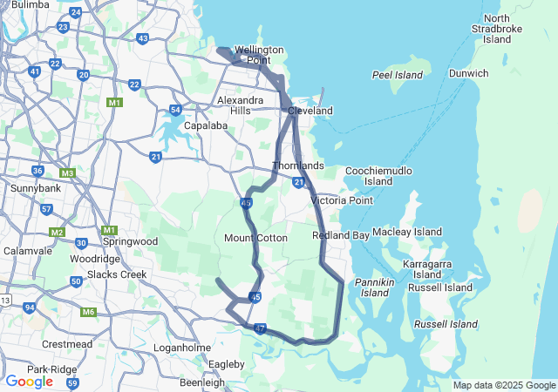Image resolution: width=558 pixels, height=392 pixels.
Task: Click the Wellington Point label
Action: (x=259, y=55)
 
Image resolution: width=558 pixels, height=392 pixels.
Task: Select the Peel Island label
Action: (x=398, y=76)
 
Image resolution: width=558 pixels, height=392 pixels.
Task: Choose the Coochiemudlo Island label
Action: (x=378, y=176)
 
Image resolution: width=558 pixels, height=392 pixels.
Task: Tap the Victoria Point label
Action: (x=342, y=200)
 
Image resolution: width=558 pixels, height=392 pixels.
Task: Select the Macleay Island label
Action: (x=407, y=233)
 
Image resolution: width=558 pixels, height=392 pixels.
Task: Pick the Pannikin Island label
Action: (x=374, y=287)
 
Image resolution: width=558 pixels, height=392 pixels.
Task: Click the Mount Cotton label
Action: (x=256, y=238)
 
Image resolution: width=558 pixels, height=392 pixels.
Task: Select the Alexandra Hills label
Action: (x=240, y=105)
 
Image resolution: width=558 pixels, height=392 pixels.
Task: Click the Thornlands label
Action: (x=298, y=166)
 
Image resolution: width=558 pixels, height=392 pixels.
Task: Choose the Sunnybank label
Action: (x=35, y=187)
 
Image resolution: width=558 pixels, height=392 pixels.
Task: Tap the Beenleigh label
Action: (x=201, y=382)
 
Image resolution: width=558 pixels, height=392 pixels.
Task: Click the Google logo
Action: (x=29, y=382)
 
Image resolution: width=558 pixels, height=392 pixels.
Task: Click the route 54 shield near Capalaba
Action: (x=176, y=110)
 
